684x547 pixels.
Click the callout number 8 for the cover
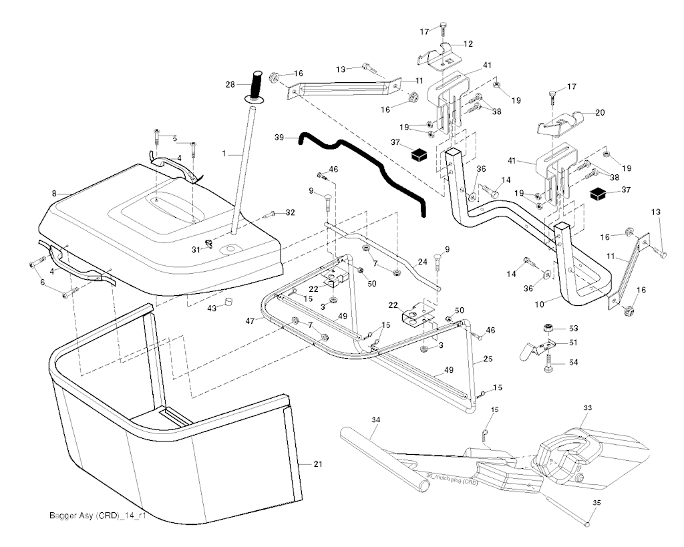coord(54,194)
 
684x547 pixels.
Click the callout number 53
coord(573,328)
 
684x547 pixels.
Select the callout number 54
coord(573,362)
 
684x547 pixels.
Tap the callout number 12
coord(468,43)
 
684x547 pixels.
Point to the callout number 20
coord(600,113)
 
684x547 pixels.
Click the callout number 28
coord(230,84)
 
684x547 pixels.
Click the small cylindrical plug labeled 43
coord(228,303)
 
